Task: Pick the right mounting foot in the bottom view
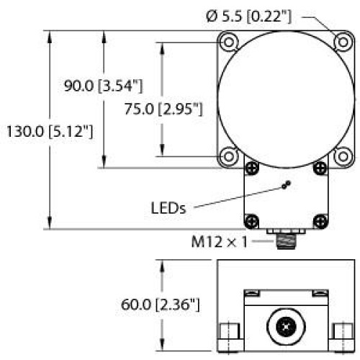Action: tap(341, 330)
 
